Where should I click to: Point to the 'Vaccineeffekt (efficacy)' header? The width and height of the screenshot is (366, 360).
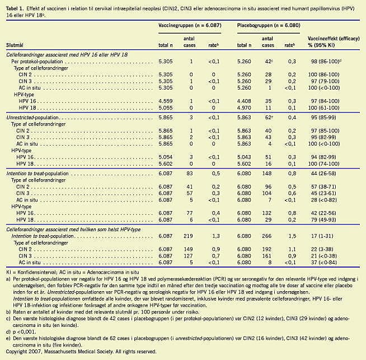(x=335, y=38)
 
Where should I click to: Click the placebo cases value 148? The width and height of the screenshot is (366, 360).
(x=268, y=174)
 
